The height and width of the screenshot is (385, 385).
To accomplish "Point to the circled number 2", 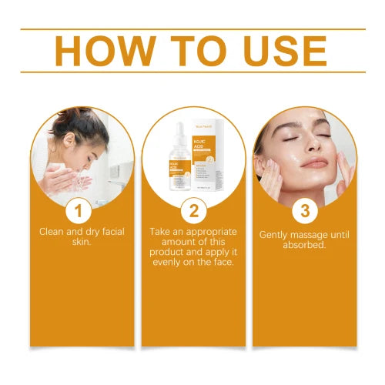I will pyautogui.click(x=192, y=209).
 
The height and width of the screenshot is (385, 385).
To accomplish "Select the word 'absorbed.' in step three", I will pyautogui.click(x=304, y=245).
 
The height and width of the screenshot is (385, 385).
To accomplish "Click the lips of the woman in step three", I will pyautogui.click(x=313, y=162).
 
